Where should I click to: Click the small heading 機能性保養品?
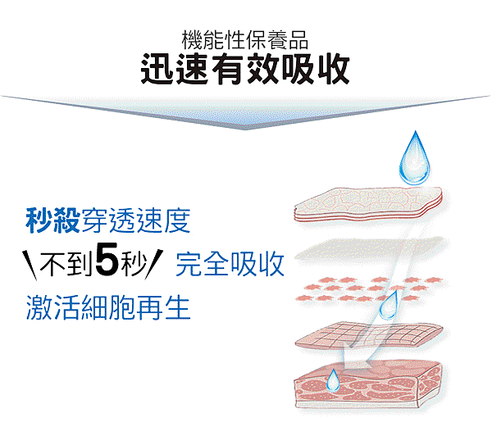coord(245,40)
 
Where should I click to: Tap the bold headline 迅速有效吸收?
coord(245,69)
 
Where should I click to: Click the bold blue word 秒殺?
coord(52,220)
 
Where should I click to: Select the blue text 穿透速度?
coord(136,220)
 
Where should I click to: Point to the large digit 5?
coord(107,260)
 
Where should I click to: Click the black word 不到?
coord(66,264)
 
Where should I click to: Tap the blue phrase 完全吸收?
coord(230,264)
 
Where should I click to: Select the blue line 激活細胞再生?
coord(108,307)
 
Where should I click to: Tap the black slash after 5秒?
coord(154,264)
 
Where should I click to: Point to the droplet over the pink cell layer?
coord(389,305)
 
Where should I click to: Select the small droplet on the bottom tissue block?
coord(333,380)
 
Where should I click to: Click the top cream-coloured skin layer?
coord(368,204)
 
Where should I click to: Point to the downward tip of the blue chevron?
coord(245,129)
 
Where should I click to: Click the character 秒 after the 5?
coord(133,264)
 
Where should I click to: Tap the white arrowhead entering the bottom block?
coord(357,358)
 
